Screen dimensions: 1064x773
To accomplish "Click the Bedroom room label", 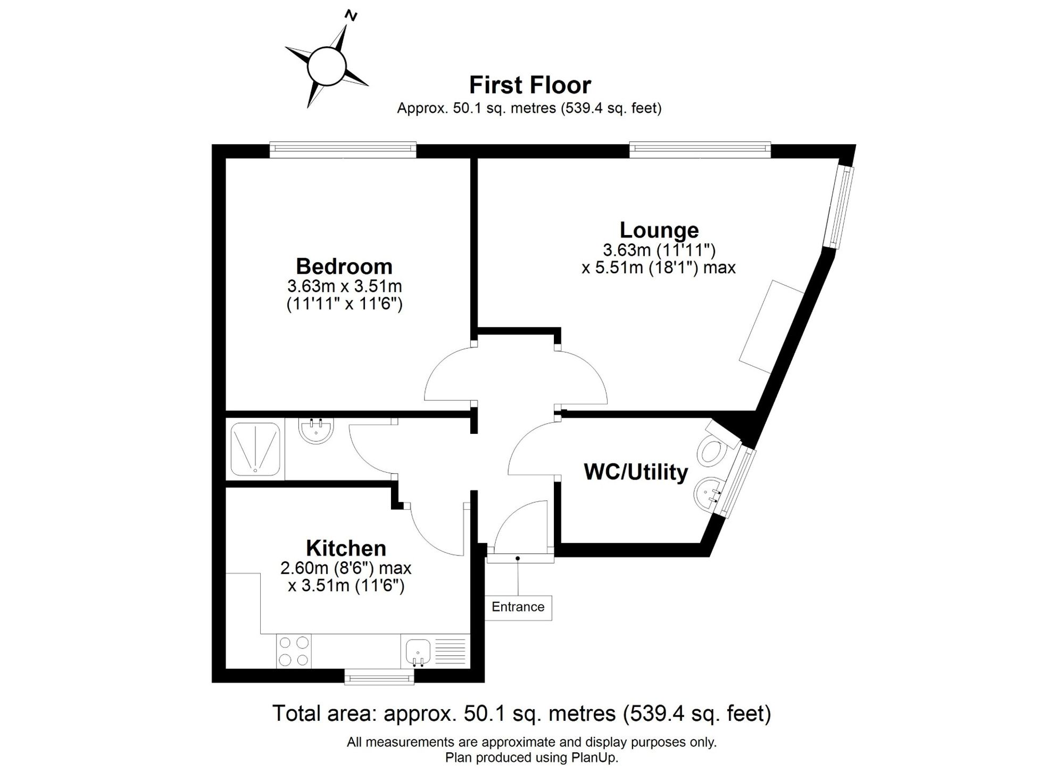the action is (344, 266).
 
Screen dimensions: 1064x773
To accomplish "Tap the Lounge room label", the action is (659, 230).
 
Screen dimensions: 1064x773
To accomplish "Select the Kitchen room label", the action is (346, 548).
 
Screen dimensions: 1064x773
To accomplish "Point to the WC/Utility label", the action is (636, 472).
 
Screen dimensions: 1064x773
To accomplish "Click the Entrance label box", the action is (518, 607).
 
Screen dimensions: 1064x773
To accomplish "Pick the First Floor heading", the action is (530, 85).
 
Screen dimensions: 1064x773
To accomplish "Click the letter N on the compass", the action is (351, 15).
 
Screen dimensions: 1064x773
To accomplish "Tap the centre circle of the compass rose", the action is (327, 66).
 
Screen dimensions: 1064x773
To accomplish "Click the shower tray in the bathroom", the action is (255, 449).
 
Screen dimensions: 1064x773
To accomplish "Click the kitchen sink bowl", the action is (418, 651).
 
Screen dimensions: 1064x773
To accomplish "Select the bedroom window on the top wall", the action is (343, 150).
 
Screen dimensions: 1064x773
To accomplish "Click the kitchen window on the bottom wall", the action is (379, 677).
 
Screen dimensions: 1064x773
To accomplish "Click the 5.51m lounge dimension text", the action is (659, 267).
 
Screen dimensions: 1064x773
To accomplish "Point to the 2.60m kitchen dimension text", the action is (346, 568).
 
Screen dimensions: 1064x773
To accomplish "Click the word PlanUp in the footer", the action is (595, 758).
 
